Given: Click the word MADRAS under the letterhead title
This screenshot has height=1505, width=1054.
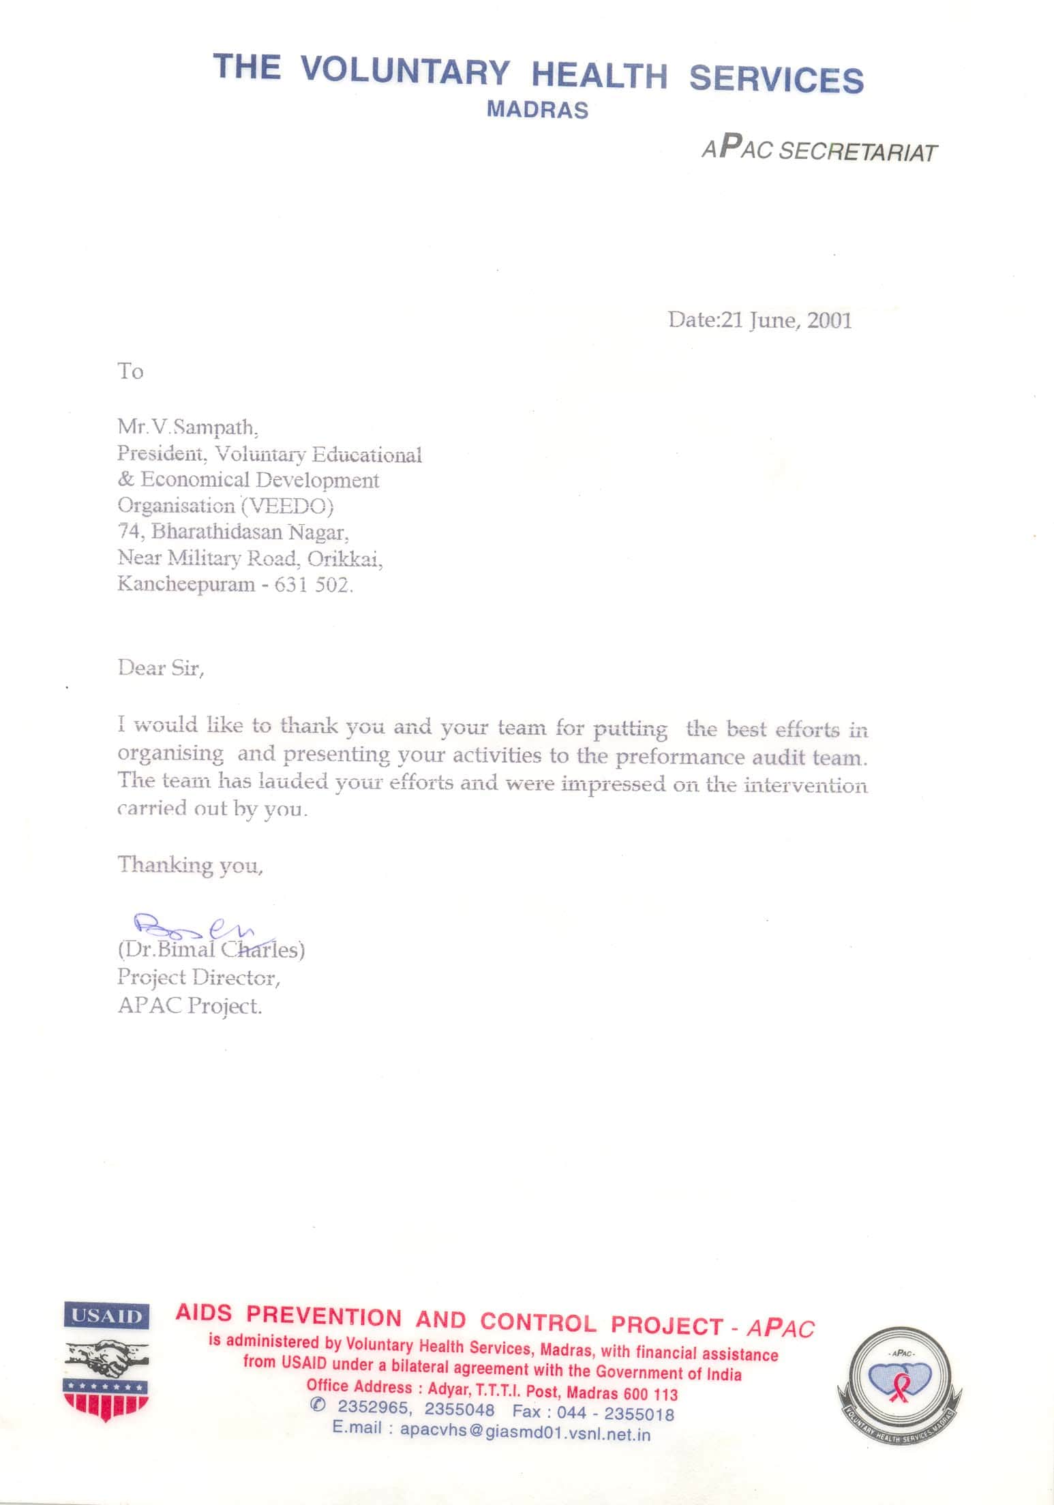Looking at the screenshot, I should click(x=537, y=110).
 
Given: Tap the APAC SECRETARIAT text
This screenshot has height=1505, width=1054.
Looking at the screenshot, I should click(x=819, y=150).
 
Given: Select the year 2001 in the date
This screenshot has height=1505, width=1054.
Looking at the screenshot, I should click(x=829, y=320).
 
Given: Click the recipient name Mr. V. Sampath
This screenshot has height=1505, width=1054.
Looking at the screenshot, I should click(x=188, y=427).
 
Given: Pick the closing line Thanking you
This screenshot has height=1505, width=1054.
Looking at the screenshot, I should click(x=190, y=864).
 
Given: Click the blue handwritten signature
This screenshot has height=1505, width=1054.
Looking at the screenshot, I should click(x=198, y=926).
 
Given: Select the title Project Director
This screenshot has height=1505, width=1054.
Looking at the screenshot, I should click(x=198, y=977).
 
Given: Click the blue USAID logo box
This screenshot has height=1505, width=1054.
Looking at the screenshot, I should click(x=107, y=1315).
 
